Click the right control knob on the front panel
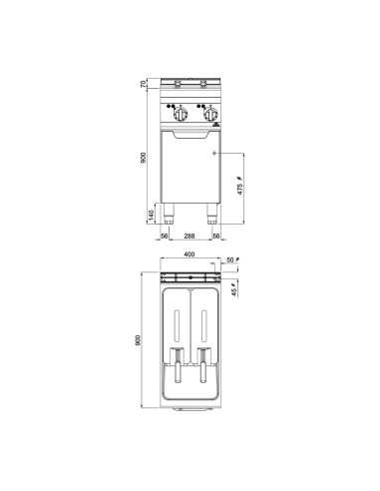(211, 112)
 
